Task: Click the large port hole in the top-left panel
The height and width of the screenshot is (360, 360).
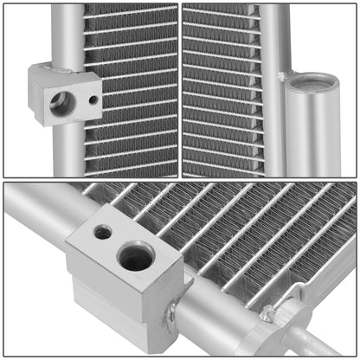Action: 60,104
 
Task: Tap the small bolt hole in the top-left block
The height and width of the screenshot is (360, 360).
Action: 92,100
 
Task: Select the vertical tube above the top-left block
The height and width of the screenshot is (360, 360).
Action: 67,35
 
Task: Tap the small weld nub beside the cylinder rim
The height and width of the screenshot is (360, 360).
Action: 282,77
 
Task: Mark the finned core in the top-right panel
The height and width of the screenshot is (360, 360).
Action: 221,87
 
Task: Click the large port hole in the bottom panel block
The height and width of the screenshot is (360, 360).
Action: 136,256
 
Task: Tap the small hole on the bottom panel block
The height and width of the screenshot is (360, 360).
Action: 103,232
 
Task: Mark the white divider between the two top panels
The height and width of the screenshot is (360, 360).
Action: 180,87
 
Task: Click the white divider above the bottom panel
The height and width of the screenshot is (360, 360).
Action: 180,179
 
